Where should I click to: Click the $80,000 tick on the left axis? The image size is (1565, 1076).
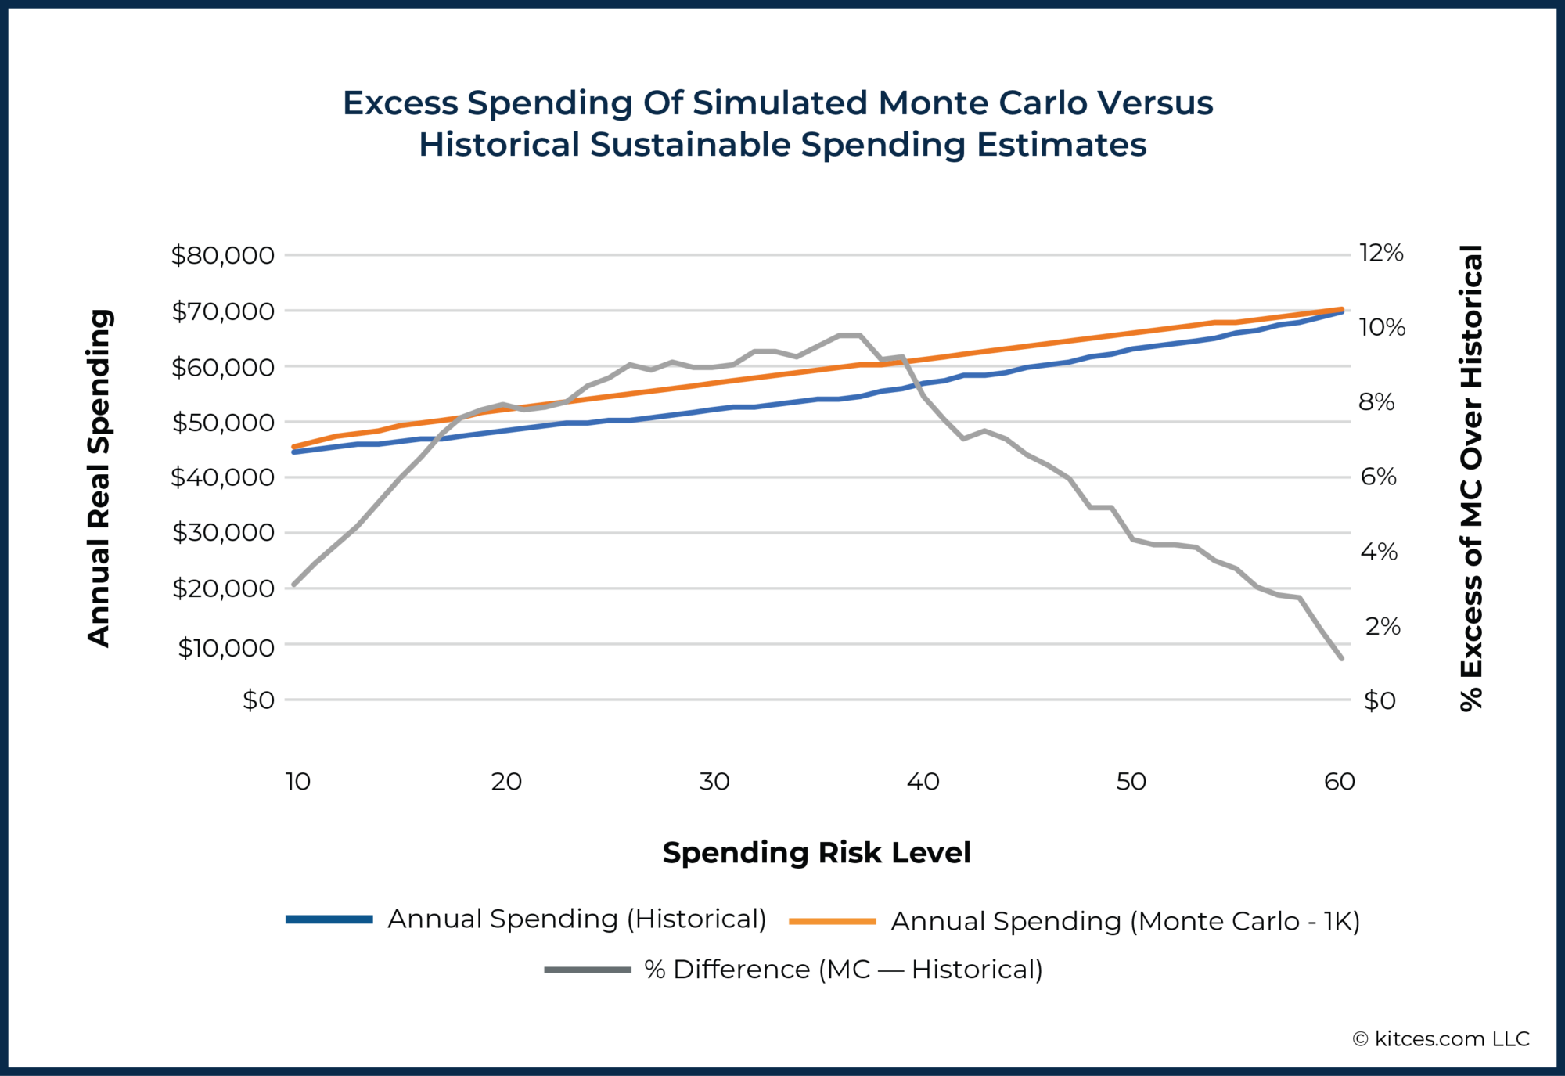[x=223, y=255]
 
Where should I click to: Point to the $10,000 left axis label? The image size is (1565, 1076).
[x=226, y=647]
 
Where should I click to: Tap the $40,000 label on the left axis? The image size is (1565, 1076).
[x=223, y=477]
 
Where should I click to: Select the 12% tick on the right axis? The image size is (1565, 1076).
[x=1381, y=253]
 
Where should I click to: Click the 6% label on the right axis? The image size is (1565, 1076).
[x=1378, y=477]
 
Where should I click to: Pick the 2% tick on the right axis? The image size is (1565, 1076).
[x=1383, y=626]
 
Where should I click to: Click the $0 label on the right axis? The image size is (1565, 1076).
[x=1380, y=700]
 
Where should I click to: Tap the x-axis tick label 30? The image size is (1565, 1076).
[x=714, y=781]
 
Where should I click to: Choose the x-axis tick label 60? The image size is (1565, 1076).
[x=1340, y=781]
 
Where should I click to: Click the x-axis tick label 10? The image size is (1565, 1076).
[x=298, y=781]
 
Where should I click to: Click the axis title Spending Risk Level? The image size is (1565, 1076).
[x=816, y=852]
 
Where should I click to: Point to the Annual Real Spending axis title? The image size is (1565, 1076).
[x=99, y=477]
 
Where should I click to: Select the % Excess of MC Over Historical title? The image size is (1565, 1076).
[x=1472, y=477]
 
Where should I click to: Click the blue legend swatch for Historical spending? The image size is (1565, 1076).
[x=329, y=919]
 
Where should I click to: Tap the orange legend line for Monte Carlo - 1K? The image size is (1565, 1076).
[x=832, y=922]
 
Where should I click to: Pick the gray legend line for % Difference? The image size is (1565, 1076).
[x=587, y=970]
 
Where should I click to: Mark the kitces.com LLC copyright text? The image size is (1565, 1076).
[x=1441, y=1038]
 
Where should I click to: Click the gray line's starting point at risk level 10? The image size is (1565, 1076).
[x=293, y=585]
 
